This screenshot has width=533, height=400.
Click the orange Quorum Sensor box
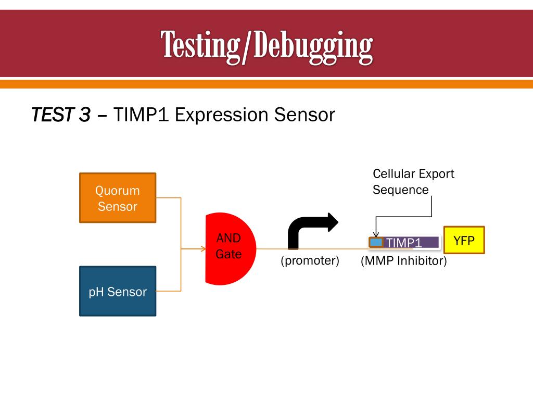117,198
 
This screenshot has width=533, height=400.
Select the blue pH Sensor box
117,291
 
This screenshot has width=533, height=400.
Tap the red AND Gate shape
229,249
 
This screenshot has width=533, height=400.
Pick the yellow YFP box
463,240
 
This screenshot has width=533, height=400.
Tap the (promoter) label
310,260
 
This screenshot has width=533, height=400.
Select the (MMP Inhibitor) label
404,261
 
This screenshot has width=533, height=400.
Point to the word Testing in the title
199,45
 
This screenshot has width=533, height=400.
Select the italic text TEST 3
61,115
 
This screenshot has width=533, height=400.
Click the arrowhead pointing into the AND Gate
203,249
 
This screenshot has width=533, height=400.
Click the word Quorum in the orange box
117,191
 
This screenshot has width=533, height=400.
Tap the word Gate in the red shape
229,255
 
